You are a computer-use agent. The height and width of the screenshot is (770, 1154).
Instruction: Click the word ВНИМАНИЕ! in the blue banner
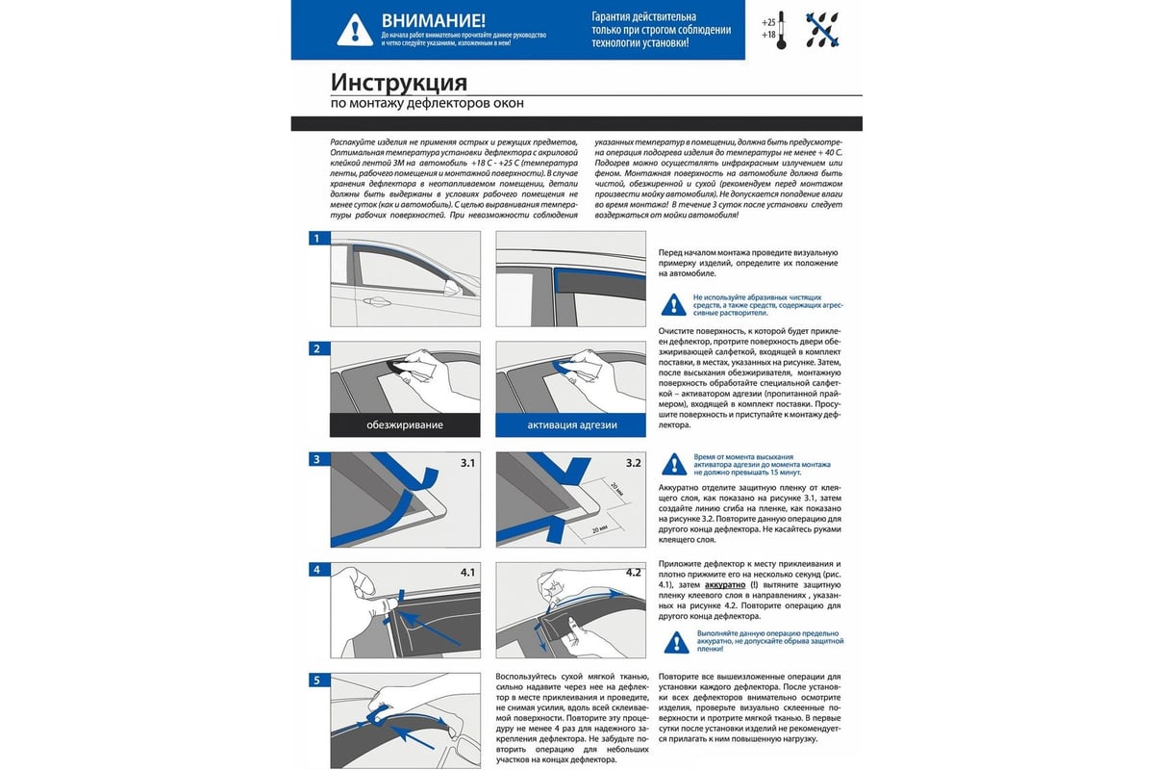tap(434, 19)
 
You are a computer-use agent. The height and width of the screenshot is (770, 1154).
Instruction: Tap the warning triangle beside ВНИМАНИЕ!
tap(355, 30)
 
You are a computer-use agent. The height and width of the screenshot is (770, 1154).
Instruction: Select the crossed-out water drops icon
tap(826, 29)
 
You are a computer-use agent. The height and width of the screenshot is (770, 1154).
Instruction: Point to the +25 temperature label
tap(767, 21)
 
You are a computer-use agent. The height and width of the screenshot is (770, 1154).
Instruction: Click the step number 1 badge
tap(316, 239)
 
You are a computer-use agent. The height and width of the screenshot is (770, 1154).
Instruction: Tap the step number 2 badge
tap(316, 348)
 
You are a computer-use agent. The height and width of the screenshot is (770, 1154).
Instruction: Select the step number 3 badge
tap(316, 459)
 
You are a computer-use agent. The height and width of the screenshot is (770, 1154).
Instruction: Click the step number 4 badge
tap(316, 570)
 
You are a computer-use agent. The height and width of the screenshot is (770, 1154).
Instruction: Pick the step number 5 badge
tap(316, 680)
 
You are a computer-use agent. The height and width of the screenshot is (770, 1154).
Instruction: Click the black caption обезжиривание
tap(404, 424)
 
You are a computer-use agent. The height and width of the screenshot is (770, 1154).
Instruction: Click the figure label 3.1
tap(467, 463)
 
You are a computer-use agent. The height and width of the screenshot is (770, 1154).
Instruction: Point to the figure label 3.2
tap(633, 463)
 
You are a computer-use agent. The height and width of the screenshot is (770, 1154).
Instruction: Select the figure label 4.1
tap(467, 573)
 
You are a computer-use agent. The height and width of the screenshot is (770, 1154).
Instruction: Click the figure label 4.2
tap(633, 573)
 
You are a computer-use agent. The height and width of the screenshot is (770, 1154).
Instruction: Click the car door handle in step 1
tap(376, 300)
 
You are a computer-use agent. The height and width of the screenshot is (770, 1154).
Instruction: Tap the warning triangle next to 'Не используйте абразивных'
tap(674, 304)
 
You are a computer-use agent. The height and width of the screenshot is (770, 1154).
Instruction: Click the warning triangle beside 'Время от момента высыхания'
tap(674, 464)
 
